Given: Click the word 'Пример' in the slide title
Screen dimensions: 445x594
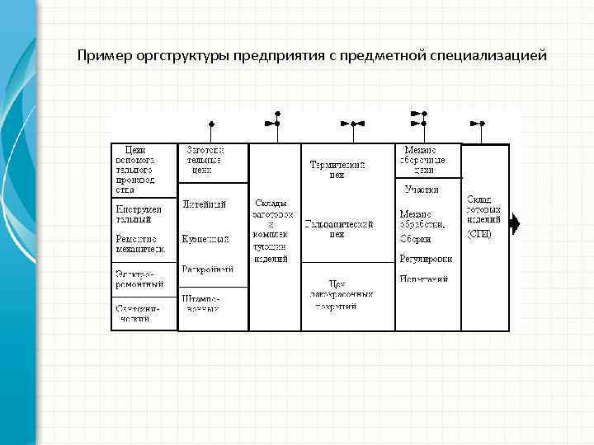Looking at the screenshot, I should pyautogui.click(x=100, y=57).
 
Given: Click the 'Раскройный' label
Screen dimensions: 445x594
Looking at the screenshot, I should pyautogui.click(x=208, y=269).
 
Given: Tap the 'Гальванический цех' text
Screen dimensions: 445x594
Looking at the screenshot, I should pyautogui.click(x=338, y=228).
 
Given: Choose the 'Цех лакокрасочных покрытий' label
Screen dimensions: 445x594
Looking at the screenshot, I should pyautogui.click(x=339, y=293).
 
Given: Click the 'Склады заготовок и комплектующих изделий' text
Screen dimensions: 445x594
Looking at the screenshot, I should pyautogui.click(x=271, y=230).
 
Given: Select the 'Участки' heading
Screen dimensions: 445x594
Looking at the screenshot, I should pyautogui.click(x=422, y=190).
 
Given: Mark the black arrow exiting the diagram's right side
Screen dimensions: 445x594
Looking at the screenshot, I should pyautogui.click(x=515, y=223).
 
